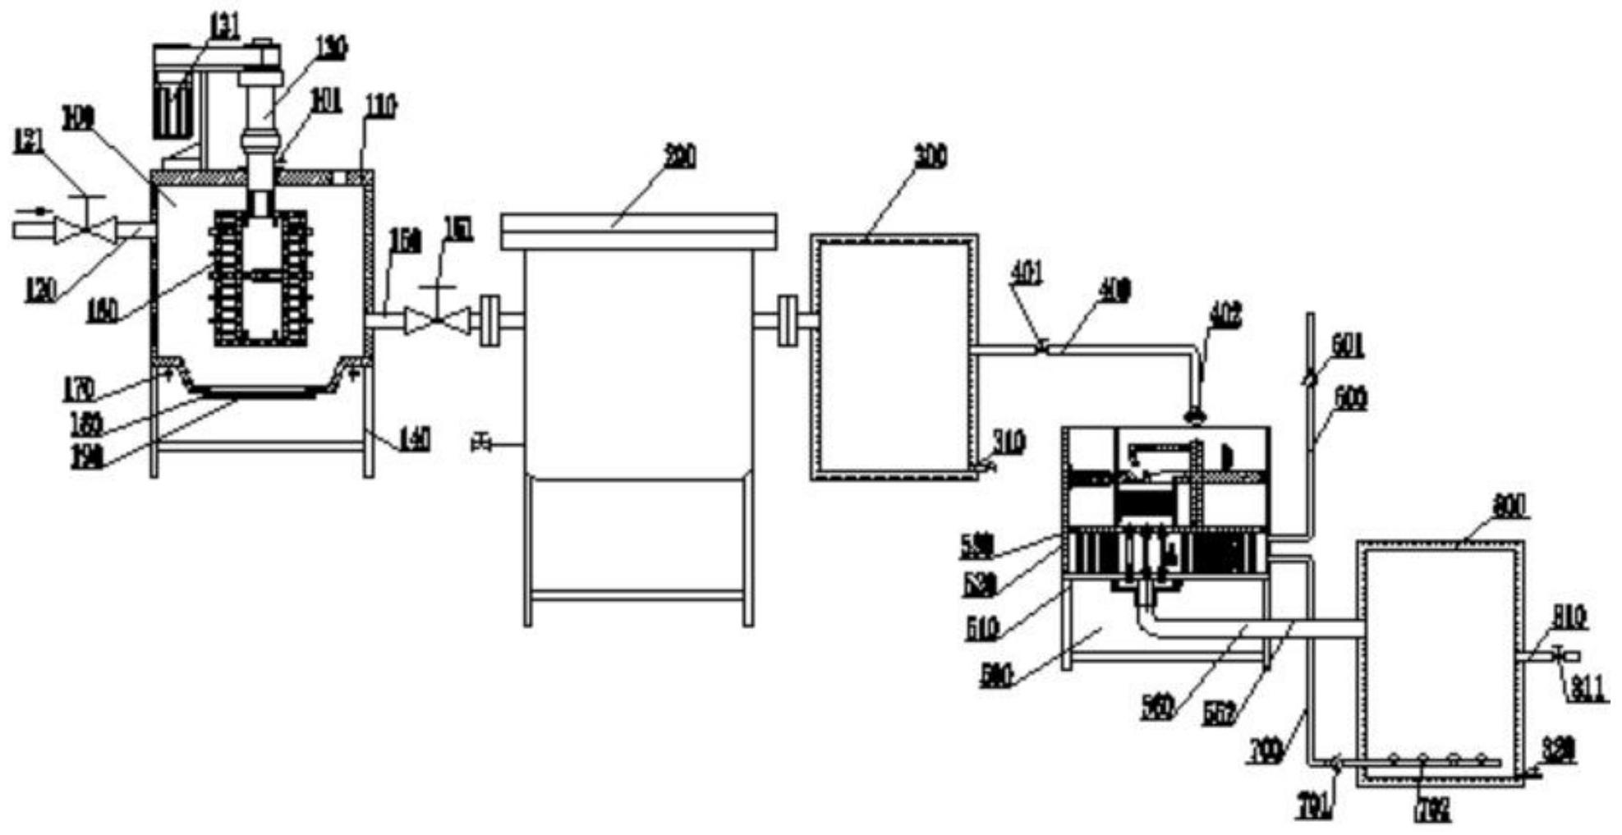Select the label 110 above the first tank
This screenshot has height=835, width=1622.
(381, 106)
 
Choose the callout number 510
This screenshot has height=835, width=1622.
(980, 628)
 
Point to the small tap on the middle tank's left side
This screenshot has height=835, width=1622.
(481, 444)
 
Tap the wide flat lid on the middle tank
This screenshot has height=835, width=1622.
(638, 231)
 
